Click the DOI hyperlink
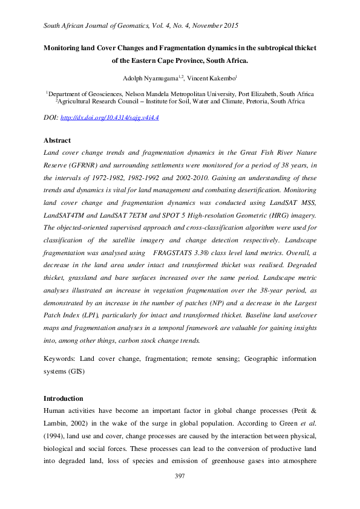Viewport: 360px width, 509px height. click(x=111, y=117)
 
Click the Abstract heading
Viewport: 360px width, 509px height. click(x=57, y=140)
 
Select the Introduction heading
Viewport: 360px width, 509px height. click(x=65, y=398)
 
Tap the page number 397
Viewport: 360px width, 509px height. click(x=180, y=476)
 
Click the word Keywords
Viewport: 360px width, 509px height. click(x=62, y=358)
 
